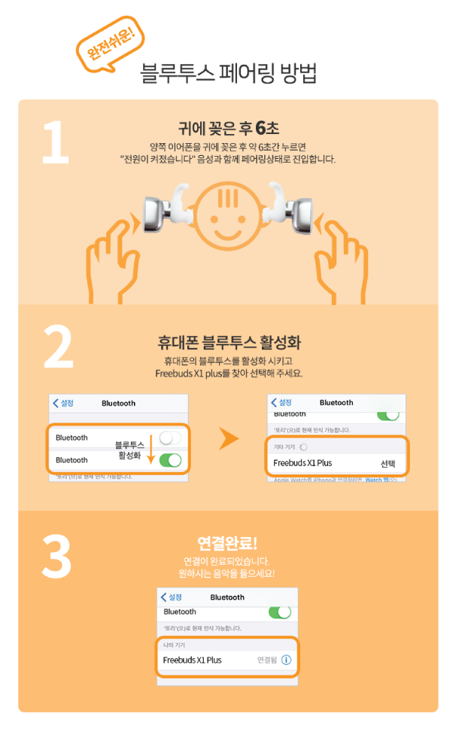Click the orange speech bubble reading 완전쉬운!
click(x=110, y=45)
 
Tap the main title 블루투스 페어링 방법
click(x=228, y=73)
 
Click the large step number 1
click(x=54, y=140)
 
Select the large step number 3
click(x=56, y=557)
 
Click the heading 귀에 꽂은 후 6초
click(x=228, y=127)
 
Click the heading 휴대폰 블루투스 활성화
click(x=229, y=343)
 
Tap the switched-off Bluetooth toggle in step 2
click(x=171, y=438)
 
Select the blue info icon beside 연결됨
click(x=286, y=660)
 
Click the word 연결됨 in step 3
click(x=267, y=660)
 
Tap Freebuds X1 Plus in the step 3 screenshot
click(x=193, y=660)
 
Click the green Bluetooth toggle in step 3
click(x=280, y=612)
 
